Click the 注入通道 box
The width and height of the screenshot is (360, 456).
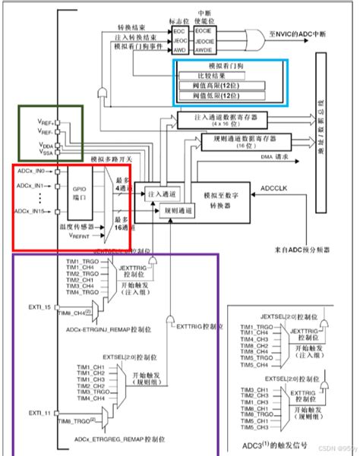pos(163,194)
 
